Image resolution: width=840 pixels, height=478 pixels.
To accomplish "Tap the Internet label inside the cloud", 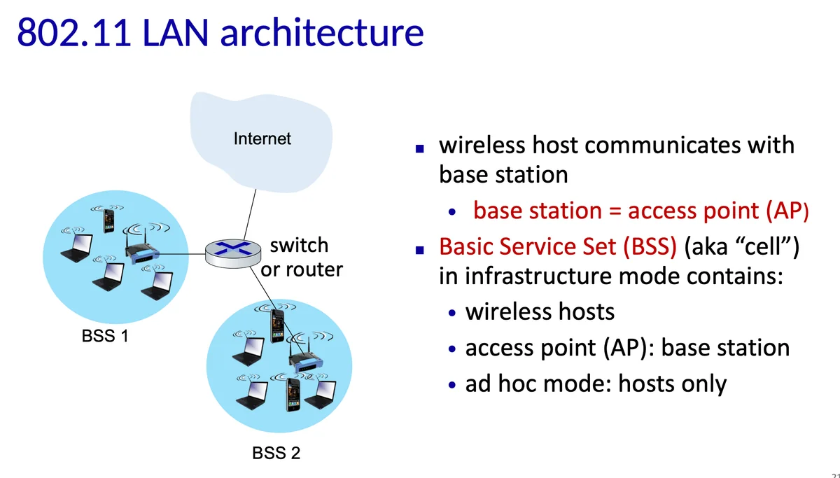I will point(262,139).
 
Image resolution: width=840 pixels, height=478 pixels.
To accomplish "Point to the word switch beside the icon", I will point(299,246).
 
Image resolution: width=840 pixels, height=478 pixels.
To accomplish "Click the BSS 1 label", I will point(105,337).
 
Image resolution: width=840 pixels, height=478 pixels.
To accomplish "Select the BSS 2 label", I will point(276,454).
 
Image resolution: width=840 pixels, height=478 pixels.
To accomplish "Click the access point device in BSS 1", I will point(141,253).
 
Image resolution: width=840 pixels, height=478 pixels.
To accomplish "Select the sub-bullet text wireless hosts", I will point(540,311).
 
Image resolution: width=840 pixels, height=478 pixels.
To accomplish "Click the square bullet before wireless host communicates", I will point(420,148).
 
